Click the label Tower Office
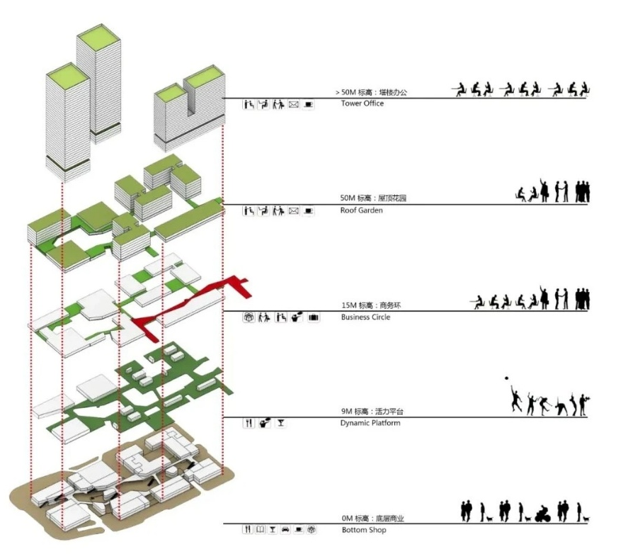[x=362, y=103]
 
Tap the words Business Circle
[x=365, y=317]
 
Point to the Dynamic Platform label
[x=370, y=423]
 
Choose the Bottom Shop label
[x=364, y=530]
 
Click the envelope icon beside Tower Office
[x=293, y=104]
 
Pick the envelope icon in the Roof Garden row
[x=293, y=210]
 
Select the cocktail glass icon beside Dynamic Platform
[x=281, y=423]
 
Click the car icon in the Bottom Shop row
[x=285, y=529]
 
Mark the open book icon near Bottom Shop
[x=261, y=529]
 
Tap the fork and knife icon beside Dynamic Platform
[x=248, y=423]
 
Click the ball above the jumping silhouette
[x=508, y=379]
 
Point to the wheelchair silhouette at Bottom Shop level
[x=543, y=514]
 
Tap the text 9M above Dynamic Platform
[x=346, y=412]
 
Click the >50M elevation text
[x=346, y=93]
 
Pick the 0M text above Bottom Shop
[x=346, y=519]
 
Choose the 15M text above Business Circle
[x=348, y=305]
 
